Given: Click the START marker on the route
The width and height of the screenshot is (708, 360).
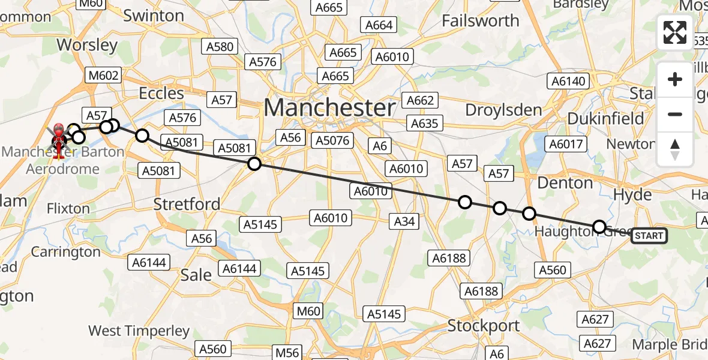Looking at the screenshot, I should coord(648,236).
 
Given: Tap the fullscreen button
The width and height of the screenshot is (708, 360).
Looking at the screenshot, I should coord(675,32).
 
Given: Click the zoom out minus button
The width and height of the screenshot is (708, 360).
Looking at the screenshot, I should coord(675,114).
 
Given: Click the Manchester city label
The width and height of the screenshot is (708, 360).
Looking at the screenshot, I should coord(329,108).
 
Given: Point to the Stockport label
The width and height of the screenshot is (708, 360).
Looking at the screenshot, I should coord(484,326).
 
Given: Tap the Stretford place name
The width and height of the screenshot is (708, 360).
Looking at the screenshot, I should coord(187,204).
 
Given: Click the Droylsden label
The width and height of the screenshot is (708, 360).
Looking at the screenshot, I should coord(504,110).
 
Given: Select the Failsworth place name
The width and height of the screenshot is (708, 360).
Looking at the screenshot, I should coord(481,20).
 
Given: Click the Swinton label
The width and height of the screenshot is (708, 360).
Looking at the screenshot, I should coord(154,16).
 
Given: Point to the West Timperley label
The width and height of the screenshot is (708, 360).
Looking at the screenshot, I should coord(139,331).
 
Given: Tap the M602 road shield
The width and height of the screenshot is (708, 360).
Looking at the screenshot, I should coord(104,76).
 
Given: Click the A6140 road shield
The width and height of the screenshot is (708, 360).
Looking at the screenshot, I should coord(568,82).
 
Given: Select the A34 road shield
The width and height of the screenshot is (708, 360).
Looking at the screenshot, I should coord(404,221).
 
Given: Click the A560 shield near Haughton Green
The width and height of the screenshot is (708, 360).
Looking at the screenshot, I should coord(552,271).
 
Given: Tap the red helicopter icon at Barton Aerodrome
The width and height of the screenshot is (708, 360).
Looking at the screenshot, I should coord(59,140).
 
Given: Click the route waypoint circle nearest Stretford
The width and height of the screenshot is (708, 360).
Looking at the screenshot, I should coord(254,164).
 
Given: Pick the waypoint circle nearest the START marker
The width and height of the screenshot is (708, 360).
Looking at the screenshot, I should coord(599,226).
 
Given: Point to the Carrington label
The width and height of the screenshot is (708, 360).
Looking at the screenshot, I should coord(66,252).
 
